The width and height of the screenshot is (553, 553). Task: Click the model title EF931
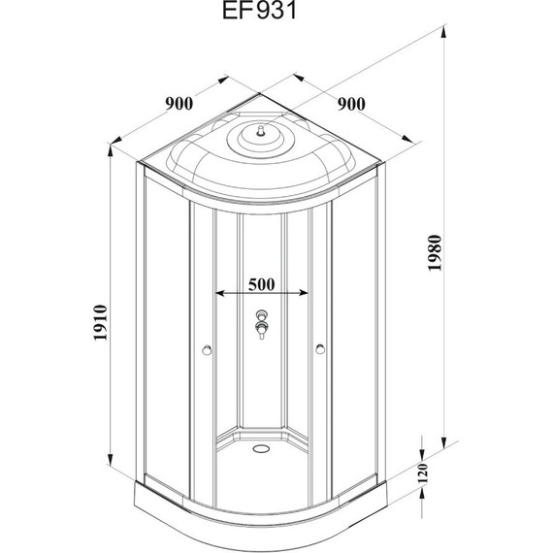[x=260, y=11]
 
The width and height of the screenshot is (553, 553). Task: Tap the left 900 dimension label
[x=179, y=104]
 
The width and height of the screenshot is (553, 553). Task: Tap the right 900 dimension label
[x=351, y=104]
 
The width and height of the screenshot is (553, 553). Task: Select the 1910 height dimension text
[x=101, y=322]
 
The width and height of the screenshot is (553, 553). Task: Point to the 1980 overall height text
[x=435, y=252]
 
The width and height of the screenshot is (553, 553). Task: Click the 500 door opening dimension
[x=261, y=284]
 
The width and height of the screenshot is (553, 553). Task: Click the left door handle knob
[x=207, y=350]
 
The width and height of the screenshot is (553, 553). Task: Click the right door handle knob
[x=320, y=349]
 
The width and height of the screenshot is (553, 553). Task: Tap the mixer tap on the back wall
[x=261, y=324]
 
